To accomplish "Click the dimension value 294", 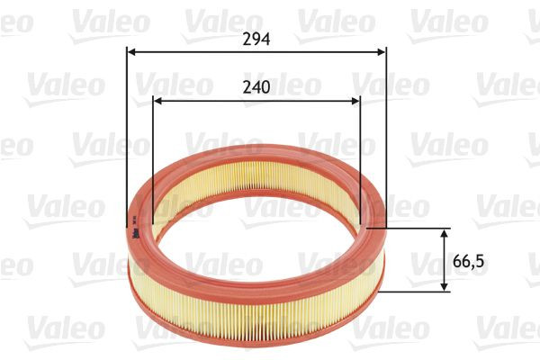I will click(256, 40).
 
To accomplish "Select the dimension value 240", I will click(256, 89).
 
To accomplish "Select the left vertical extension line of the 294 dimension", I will click(125, 135).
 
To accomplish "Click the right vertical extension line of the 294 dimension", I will click(386, 135).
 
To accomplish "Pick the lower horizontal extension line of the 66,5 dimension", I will click(414, 292).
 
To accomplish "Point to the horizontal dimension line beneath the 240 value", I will click(207, 102).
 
